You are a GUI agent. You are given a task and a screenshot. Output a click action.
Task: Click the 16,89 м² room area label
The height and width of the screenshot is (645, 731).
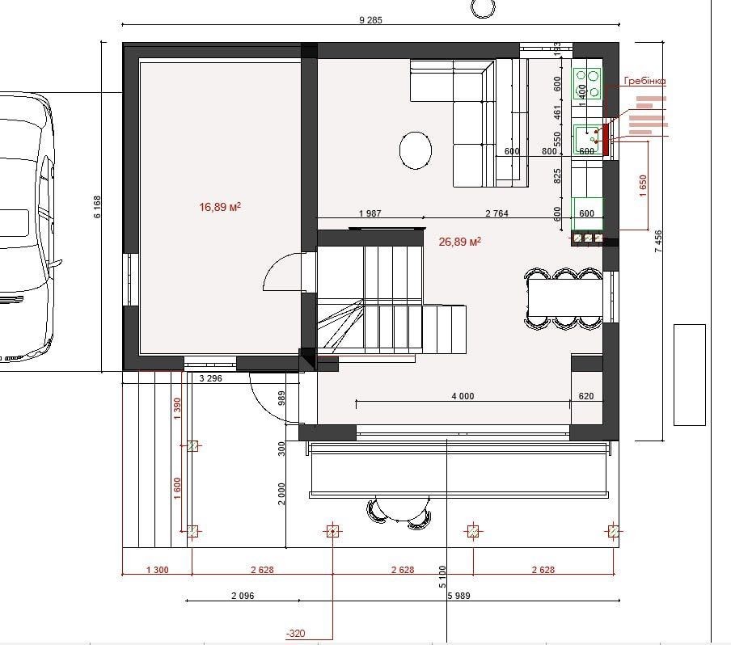click(x=220, y=206)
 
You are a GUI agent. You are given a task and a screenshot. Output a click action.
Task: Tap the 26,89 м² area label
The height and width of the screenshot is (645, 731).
click(x=459, y=242)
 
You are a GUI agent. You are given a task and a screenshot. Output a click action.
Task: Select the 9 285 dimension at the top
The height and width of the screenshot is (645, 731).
click(x=370, y=19)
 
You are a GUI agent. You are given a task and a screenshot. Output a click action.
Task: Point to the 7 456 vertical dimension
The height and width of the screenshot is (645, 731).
click(x=657, y=242)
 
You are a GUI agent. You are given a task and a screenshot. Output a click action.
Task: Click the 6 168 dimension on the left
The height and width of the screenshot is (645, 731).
click(x=97, y=206)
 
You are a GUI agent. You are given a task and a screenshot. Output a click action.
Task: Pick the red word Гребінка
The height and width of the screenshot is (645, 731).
click(x=644, y=81)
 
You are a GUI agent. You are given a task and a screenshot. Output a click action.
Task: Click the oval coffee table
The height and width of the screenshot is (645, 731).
click(x=416, y=150)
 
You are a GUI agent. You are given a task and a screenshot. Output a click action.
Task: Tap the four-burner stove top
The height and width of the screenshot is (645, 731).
click(x=587, y=83)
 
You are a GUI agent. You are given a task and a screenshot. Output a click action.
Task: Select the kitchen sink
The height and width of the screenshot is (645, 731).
click(x=587, y=139)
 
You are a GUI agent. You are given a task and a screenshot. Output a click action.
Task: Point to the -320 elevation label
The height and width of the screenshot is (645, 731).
click(x=296, y=634)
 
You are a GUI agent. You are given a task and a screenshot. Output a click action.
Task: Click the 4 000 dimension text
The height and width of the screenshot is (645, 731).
click(x=463, y=396)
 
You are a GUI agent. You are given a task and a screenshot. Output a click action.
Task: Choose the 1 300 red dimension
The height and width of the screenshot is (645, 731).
click(x=157, y=570)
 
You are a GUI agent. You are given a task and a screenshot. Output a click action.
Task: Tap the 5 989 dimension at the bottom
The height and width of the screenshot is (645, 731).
click(x=458, y=596)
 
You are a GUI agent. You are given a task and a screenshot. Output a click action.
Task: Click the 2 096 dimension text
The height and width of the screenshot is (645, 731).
click(x=243, y=596)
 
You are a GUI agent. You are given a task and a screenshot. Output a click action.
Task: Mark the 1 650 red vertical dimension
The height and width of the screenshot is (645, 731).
click(x=644, y=185)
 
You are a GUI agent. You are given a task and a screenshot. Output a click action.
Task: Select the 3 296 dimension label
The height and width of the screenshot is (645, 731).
click(x=210, y=378)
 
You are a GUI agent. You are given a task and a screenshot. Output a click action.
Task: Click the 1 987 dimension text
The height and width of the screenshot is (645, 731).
click(x=370, y=213)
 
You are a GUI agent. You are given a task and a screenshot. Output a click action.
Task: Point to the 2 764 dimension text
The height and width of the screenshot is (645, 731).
click(x=496, y=213)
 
